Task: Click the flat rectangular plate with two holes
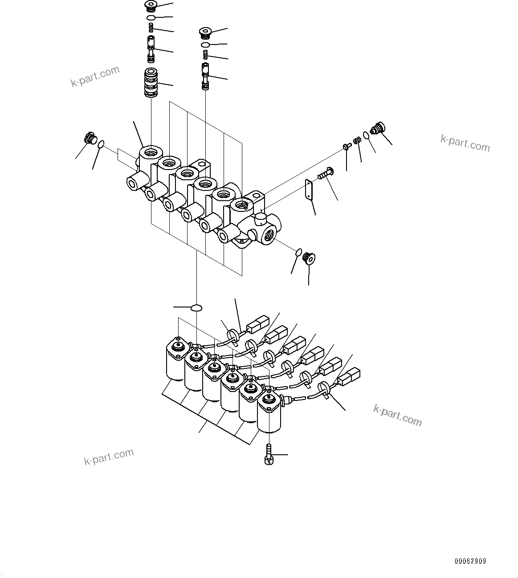click(x=308, y=190)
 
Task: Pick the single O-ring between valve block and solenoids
click(x=196, y=307)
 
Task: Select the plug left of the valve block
click(x=91, y=138)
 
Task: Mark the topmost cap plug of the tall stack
click(x=151, y=6)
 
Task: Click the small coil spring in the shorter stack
click(x=205, y=55)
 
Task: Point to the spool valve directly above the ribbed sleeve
click(x=151, y=50)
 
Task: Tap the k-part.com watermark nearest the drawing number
click(x=397, y=415)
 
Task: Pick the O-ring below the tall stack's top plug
click(x=151, y=18)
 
